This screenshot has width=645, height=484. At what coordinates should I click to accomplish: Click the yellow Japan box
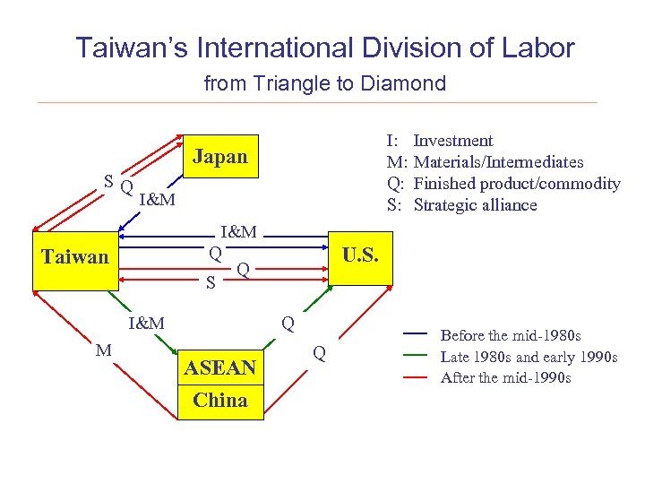click(x=220, y=158)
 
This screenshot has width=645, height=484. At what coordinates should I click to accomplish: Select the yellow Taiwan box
click(x=75, y=258)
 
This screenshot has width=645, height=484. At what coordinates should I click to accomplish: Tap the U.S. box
click(x=361, y=256)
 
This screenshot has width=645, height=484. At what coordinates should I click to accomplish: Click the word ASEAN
click(x=220, y=367)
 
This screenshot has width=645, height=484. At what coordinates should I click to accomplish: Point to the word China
click(x=220, y=401)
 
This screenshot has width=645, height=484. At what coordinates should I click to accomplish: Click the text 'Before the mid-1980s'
click(x=511, y=335)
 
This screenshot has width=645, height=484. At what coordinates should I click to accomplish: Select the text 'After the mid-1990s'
click(x=506, y=377)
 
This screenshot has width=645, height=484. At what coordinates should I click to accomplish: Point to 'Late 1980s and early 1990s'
click(x=529, y=357)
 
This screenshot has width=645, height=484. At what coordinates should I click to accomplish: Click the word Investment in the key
click(x=453, y=141)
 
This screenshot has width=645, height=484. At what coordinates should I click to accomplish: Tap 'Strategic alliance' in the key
click(x=475, y=205)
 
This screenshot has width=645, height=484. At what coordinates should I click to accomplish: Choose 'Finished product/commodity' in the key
click(x=517, y=184)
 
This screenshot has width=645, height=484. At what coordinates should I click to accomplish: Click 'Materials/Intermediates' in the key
click(x=498, y=162)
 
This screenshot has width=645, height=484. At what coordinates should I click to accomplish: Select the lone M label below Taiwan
click(x=104, y=350)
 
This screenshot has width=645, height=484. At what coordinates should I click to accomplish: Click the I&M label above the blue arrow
click(x=239, y=232)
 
